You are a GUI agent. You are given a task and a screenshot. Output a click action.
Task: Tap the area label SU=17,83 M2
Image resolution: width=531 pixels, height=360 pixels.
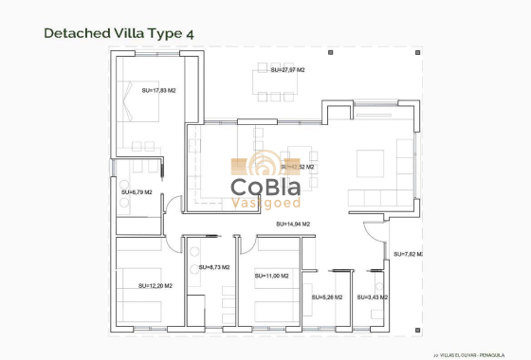pos(159,91)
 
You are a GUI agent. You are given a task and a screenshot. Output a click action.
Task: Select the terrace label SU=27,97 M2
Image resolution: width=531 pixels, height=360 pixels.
pos(287,70)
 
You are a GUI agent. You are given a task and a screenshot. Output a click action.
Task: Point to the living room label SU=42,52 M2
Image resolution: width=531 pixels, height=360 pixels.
pos(297,167)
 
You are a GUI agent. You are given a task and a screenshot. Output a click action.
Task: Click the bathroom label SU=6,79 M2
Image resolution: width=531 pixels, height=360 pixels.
pos(137,192)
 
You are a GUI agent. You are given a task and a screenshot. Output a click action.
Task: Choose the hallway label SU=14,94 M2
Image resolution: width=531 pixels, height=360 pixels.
pos(293,224)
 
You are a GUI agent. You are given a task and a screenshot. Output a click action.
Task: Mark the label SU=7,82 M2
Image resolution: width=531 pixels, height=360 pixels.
pos(407,255)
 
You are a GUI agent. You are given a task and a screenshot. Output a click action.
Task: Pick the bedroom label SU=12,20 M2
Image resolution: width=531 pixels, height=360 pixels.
pos(155,285)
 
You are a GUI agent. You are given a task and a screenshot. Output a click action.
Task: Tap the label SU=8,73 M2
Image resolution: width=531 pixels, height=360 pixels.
pos(216,268)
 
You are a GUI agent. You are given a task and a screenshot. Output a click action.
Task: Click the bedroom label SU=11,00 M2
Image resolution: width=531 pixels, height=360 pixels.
pos(272,275)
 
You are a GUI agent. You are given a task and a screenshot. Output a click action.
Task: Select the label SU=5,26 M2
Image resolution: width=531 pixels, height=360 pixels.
pos(327,297)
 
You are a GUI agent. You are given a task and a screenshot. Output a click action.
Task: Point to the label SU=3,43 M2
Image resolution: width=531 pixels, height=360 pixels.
pos(372,297)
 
